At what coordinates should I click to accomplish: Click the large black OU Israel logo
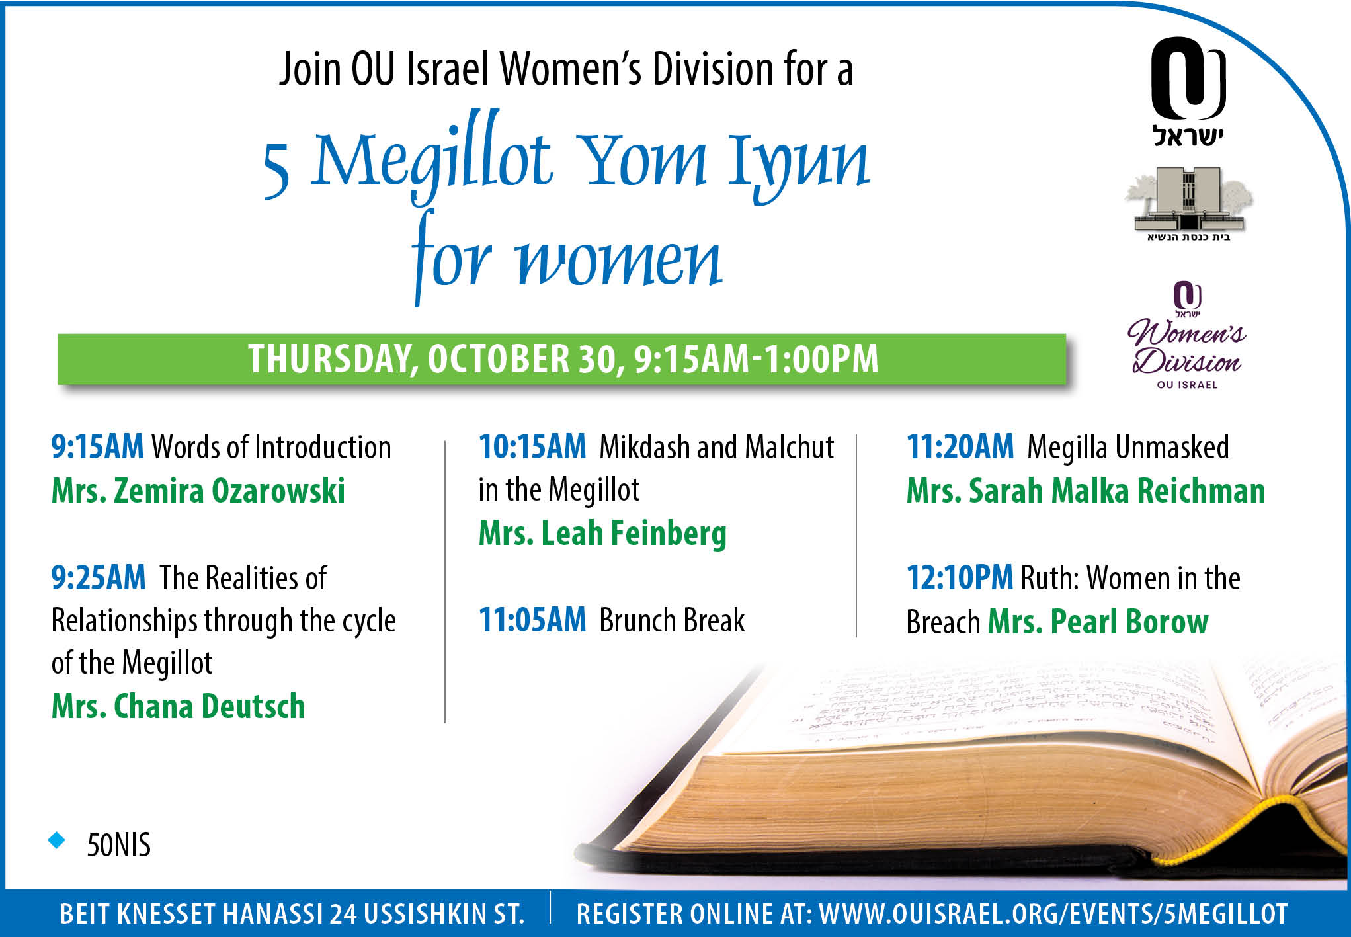1188,91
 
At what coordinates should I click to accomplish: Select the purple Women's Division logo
1187,335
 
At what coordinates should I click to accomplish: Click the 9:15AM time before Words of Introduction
97,447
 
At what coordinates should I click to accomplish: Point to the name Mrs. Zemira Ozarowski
198,491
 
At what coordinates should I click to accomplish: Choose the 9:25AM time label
99,577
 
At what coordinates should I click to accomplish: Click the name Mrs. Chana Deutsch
179,706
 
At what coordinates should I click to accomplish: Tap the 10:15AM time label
532,447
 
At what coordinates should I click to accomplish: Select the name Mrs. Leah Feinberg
602,534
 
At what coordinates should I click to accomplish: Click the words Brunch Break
672,620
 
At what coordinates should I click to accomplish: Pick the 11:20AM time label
960,447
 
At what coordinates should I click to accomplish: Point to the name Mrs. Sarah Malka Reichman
1086,491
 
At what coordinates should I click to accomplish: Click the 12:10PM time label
960,577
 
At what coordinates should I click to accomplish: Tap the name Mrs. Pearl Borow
1098,622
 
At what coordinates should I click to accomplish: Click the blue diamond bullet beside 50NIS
58,840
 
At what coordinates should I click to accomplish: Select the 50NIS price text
119,845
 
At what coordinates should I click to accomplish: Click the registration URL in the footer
1053,914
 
